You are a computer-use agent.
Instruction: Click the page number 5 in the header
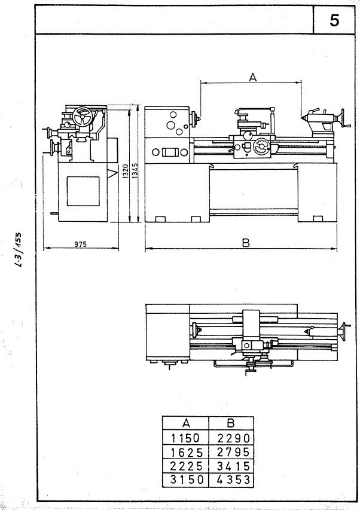334,20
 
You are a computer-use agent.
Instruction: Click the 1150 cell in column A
185,438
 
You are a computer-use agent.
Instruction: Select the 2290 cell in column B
231,438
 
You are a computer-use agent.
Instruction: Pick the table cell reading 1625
185,452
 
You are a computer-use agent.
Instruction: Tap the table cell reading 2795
231,452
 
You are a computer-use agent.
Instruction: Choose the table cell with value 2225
185,466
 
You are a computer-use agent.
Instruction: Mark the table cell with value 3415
231,466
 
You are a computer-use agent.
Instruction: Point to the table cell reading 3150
185,480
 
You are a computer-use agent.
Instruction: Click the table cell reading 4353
231,480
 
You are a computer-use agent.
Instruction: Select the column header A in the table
185,423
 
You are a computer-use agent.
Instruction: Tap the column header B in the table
231,423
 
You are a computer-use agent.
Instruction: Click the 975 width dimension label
80,244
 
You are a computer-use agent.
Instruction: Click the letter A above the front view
253,77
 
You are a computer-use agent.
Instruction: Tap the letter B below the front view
246,243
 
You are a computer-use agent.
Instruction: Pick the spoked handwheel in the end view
83,117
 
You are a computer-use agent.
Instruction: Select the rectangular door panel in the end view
83,191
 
